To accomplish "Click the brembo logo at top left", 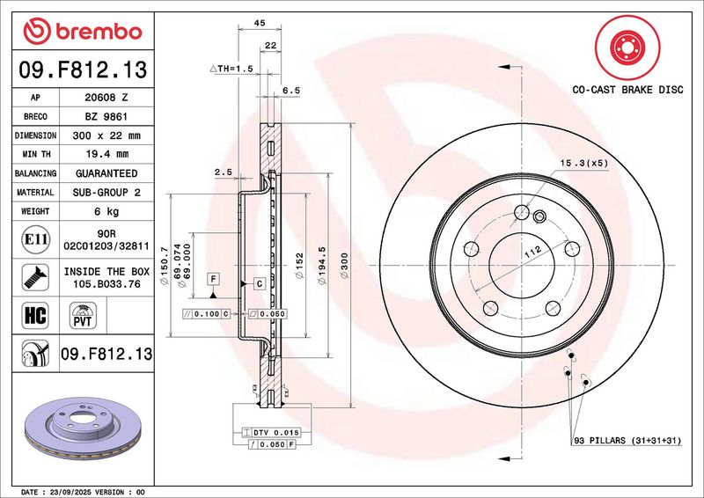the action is pos(83,31).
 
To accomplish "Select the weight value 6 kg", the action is pos(106,211).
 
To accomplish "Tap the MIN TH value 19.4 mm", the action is pos(106,154).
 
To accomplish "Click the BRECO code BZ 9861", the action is pos(106,117).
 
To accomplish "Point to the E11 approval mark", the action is pos(35,239).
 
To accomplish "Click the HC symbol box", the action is pos(35,315).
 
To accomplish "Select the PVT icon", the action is pos(83,315).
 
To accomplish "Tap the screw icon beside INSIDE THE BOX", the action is pos(35,277).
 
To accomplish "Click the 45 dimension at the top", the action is pos(260,23).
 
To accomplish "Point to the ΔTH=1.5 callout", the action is pos(231,69).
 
